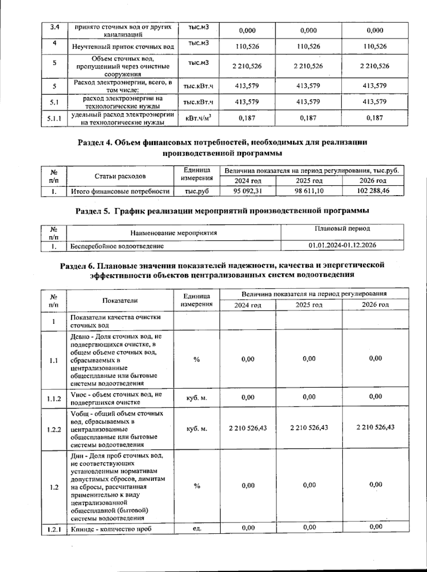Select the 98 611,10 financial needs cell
[x=309, y=191]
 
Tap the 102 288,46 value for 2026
[x=373, y=191]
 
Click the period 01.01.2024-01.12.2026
[x=342, y=245]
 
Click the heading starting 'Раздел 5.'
[x=222, y=211]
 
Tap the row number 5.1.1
[x=54, y=118]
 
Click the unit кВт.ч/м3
[x=198, y=118]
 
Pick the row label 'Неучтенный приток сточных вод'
[x=123, y=47]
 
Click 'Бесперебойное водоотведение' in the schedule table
[x=117, y=246]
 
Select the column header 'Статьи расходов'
[x=120, y=176]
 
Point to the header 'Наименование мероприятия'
[x=174, y=233]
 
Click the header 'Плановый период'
[x=342, y=228]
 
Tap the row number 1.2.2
[x=54, y=429]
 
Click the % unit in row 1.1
[x=196, y=360]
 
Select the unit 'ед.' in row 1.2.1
[x=196, y=528]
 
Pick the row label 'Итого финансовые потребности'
[x=120, y=191]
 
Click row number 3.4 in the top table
[x=54, y=27]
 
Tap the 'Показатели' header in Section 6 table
[x=120, y=300]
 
